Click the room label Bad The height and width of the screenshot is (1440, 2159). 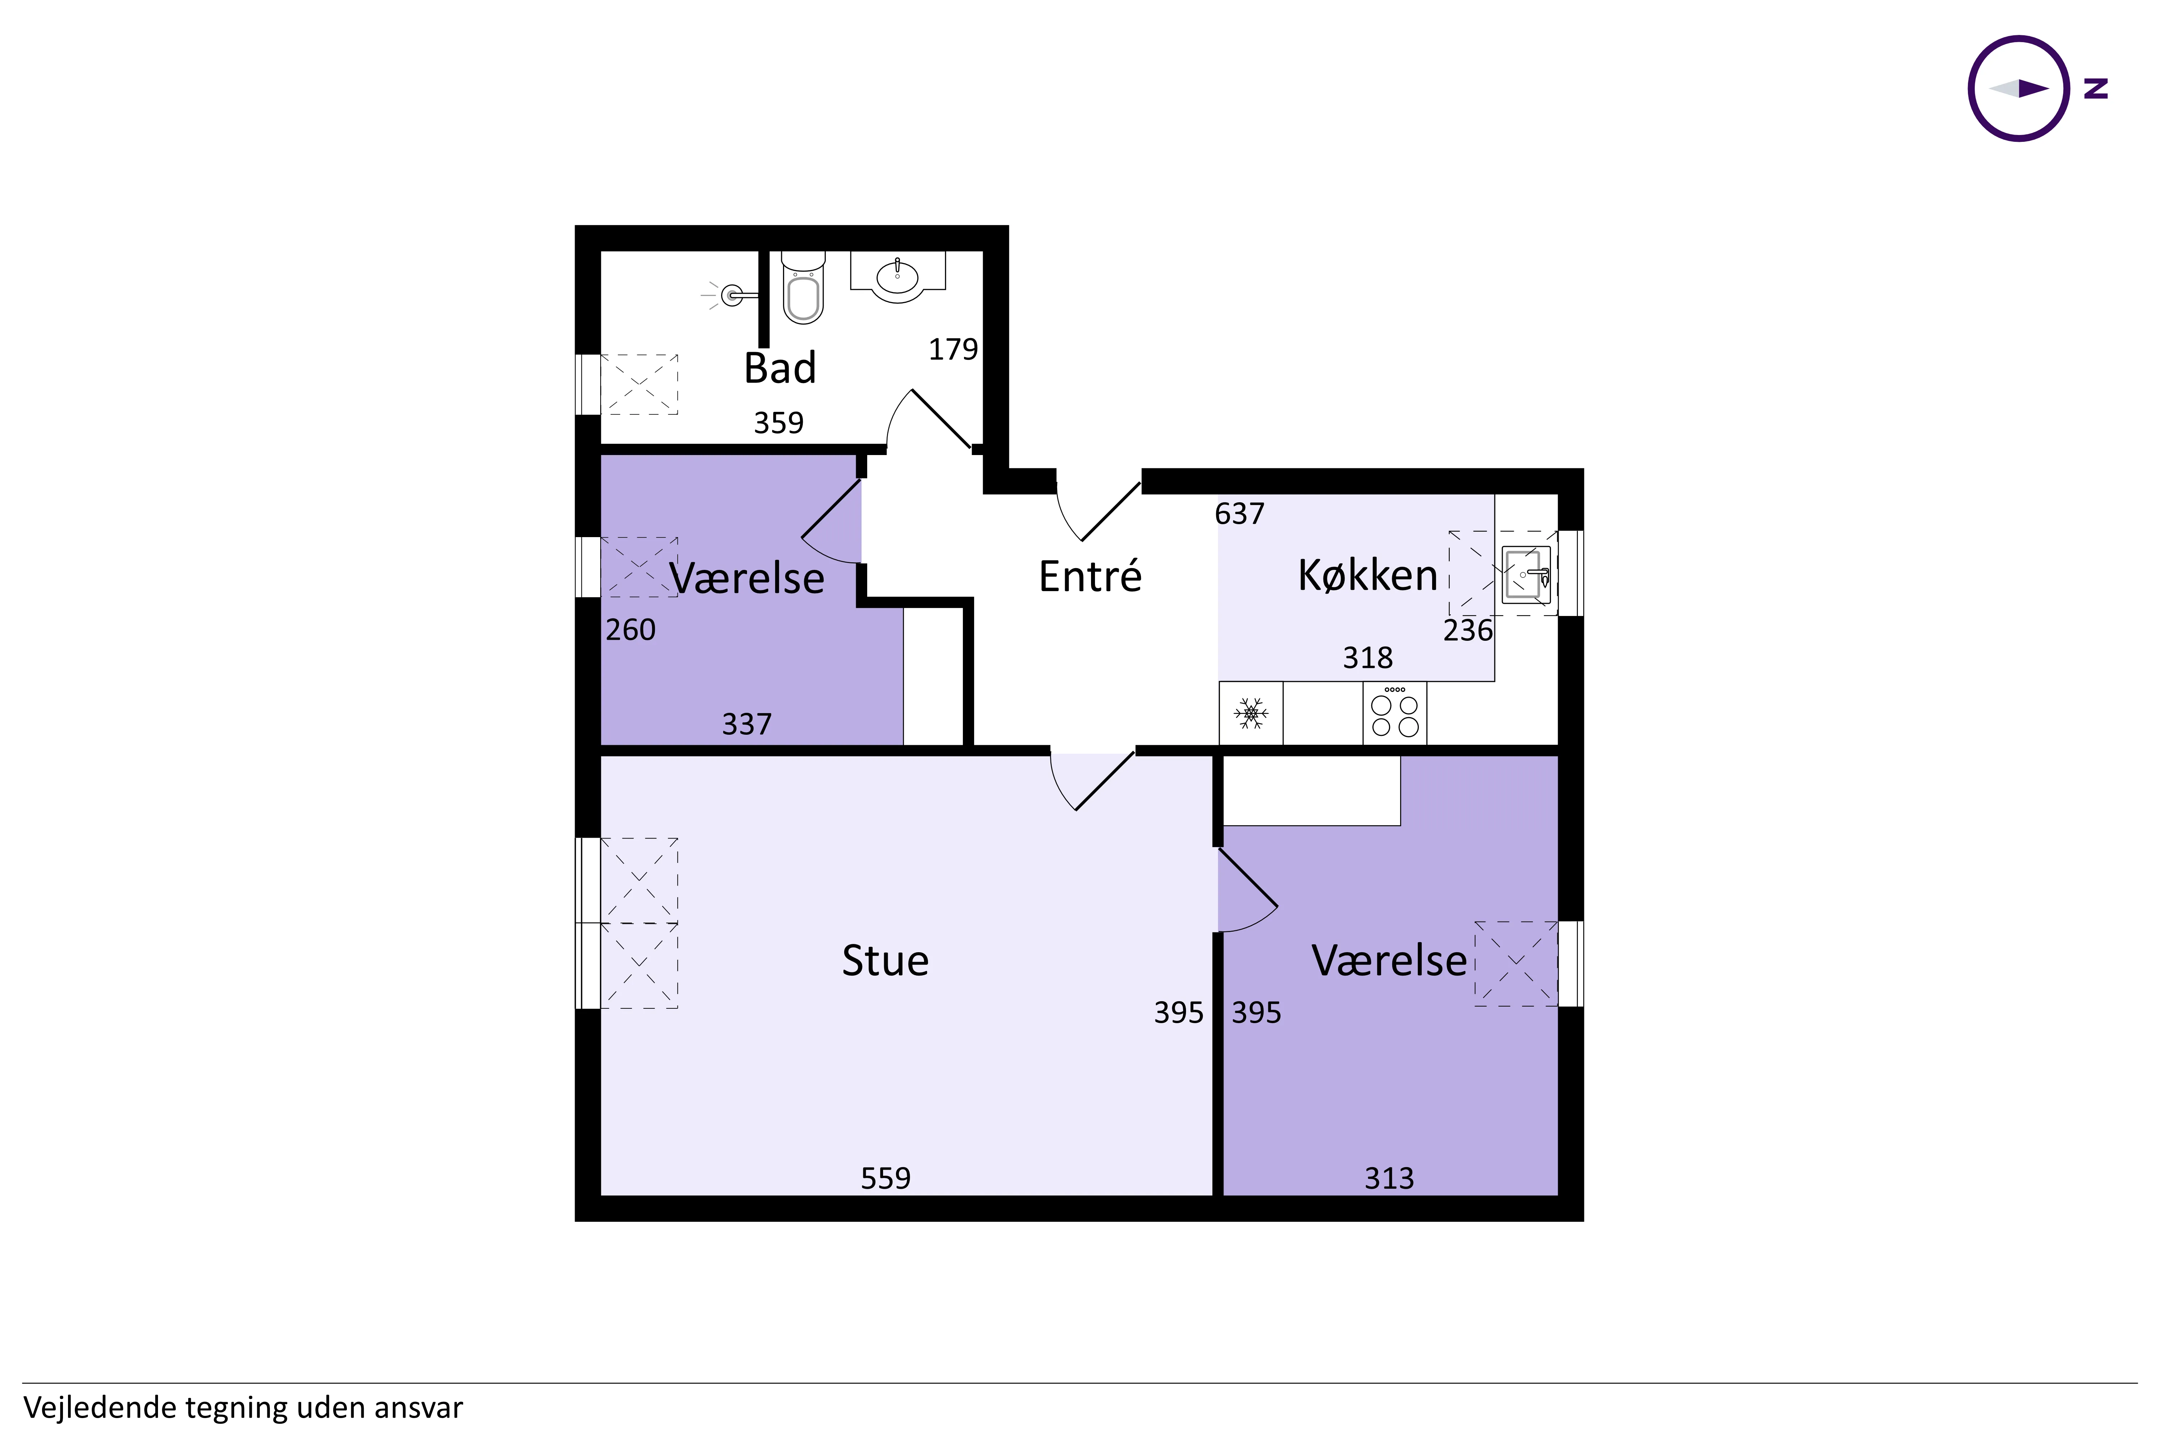[x=779, y=368]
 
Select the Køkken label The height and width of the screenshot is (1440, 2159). [x=1367, y=576]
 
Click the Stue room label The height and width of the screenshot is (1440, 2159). [x=885, y=960]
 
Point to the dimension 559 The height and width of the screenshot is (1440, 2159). [x=885, y=1178]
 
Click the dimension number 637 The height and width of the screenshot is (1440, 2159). [x=1239, y=513]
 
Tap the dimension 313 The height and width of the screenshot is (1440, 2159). [x=1389, y=1178]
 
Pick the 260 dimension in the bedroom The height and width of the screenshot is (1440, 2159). [x=631, y=630]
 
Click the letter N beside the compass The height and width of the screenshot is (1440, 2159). [x=2096, y=88]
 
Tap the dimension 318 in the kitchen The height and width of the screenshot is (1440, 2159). [x=1368, y=658]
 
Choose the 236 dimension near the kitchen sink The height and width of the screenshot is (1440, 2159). [x=1468, y=630]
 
